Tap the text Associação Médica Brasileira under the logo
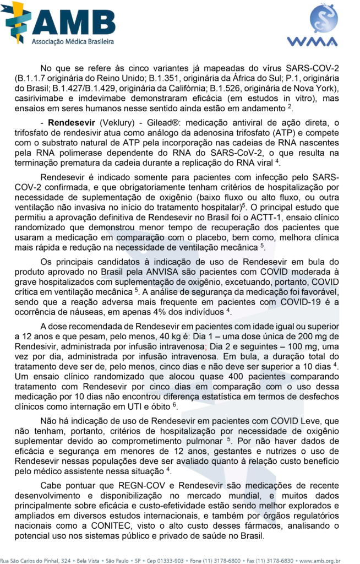tap(73, 41)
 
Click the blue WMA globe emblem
tap(324, 19)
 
